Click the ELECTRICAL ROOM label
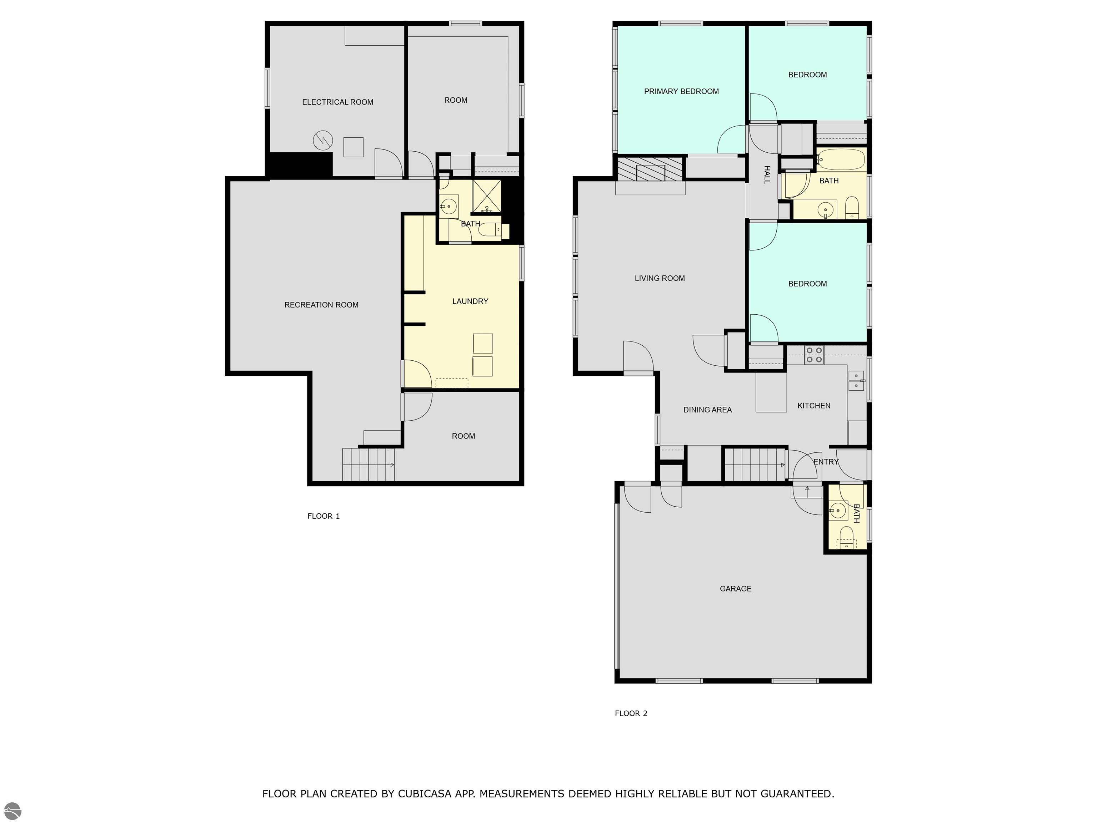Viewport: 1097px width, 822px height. [x=338, y=102]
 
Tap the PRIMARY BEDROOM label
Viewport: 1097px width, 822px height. [x=681, y=91]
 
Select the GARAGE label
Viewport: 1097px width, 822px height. [x=736, y=589]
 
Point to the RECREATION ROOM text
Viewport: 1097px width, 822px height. [x=321, y=305]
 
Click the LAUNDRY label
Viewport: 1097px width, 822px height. [x=470, y=301]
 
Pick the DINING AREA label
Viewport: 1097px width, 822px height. [x=707, y=410]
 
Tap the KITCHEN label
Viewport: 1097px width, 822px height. [x=814, y=406]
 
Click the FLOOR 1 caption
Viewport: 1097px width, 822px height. [x=323, y=516]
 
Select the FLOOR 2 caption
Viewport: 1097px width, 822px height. [x=631, y=714]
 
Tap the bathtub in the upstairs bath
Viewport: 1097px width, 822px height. [x=841, y=159]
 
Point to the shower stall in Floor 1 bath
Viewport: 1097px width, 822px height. [x=486, y=196]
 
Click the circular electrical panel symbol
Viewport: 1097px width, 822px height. [x=323, y=141]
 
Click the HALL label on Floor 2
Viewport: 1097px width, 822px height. [x=767, y=175]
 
